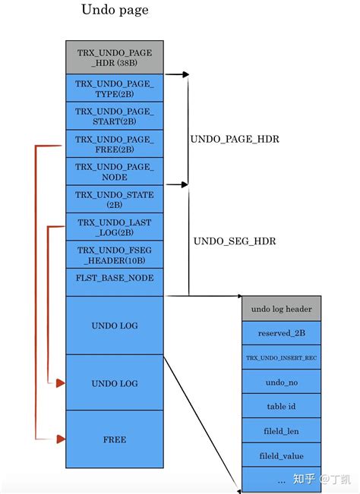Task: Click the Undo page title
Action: click(115, 11)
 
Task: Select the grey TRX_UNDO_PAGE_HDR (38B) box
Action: click(115, 58)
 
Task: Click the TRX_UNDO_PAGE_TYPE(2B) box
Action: click(115, 89)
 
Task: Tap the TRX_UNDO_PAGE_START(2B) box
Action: click(115, 116)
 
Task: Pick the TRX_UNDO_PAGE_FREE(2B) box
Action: click(115, 144)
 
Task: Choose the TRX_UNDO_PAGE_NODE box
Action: click(115, 171)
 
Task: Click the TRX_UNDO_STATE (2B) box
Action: click(115, 200)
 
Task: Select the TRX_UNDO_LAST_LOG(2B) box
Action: click(115, 227)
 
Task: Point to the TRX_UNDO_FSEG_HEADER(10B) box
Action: click(115, 254)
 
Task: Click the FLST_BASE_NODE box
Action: click(115, 278)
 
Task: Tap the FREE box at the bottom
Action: click(115, 439)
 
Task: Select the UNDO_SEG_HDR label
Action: click(234, 241)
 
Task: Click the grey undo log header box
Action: click(281, 309)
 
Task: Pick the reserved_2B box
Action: click(281, 333)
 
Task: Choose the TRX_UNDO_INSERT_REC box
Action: click(281, 357)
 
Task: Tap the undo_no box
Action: click(281, 382)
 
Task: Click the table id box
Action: click(281, 407)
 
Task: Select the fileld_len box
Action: click(281, 431)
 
